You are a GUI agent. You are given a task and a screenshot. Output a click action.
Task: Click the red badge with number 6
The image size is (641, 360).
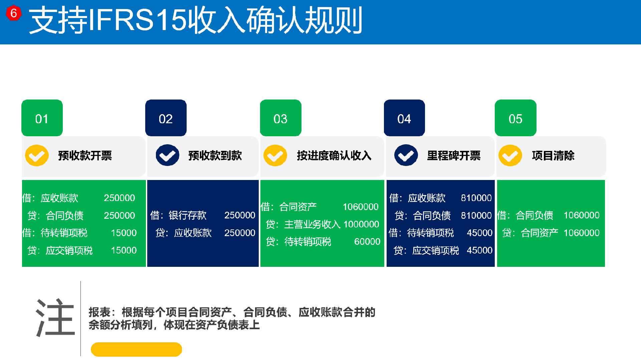tap(14, 13)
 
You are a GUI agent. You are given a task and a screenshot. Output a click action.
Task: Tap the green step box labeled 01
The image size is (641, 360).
tap(42, 118)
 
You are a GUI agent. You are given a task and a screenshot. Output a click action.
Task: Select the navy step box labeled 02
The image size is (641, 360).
tap(166, 118)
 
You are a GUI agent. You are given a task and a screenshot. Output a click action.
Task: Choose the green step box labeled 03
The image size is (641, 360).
tap(281, 118)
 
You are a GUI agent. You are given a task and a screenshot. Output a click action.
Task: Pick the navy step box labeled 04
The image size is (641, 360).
tap(404, 118)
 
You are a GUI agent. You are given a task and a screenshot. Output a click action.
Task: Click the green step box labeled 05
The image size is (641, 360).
tap(515, 118)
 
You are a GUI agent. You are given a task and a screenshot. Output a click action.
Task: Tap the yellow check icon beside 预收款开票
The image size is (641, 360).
tap(37, 155)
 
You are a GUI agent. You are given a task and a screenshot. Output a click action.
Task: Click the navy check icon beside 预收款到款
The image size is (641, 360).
tap(167, 155)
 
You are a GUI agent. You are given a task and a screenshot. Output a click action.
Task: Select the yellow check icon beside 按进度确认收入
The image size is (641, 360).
tap(275, 155)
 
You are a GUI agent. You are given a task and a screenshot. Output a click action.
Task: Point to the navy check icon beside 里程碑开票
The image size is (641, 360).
tap(406, 155)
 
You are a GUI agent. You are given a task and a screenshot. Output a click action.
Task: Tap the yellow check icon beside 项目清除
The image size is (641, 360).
tap(510, 155)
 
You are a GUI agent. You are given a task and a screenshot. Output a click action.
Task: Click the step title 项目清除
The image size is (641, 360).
tap(553, 156)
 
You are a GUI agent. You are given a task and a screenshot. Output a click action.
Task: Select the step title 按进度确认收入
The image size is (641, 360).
tap(334, 156)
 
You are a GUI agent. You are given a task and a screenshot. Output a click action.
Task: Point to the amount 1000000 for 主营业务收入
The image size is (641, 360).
tap(361, 224)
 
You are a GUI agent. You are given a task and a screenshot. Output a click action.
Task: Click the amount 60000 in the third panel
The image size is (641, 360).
tap(367, 241)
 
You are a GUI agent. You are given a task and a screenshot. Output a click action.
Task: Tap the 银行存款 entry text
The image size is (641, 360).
tap(188, 215)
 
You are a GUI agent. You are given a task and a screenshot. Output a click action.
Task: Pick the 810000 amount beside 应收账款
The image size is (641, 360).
tap(476, 198)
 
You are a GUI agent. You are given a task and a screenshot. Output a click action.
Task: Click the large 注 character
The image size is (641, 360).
tap(55, 317)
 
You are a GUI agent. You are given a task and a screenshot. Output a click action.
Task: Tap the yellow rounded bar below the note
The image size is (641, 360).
tap(136, 349)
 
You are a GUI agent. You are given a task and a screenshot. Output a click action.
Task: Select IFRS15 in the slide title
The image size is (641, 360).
tap(137, 20)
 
